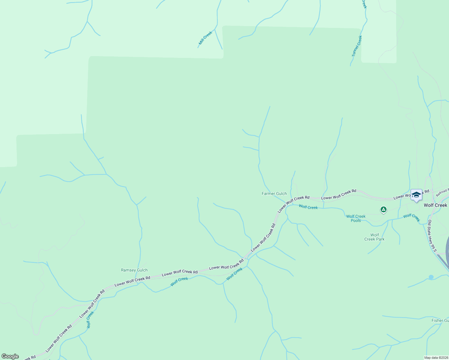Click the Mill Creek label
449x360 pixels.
[206, 38]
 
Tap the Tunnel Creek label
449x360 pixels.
[357, 46]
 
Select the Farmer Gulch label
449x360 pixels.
[274, 193]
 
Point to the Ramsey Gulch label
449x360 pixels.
[134, 270]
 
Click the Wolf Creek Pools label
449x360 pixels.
[356, 218]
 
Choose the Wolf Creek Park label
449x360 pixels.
[374, 237]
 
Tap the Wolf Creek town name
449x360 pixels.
[435, 205]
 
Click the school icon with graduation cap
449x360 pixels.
[416, 195]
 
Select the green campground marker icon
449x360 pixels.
[383, 209]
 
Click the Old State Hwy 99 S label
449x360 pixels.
[432, 235]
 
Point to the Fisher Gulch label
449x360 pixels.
[440, 320]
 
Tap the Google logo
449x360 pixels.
[10, 356]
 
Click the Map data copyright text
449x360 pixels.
[436, 358]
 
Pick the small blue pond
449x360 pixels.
[431, 277]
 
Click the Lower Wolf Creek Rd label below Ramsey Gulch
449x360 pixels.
[132, 281]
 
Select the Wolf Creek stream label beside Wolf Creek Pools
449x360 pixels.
[308, 207]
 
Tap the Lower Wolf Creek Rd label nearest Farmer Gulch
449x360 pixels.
[293, 204]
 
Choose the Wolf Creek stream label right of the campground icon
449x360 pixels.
[411, 217]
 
